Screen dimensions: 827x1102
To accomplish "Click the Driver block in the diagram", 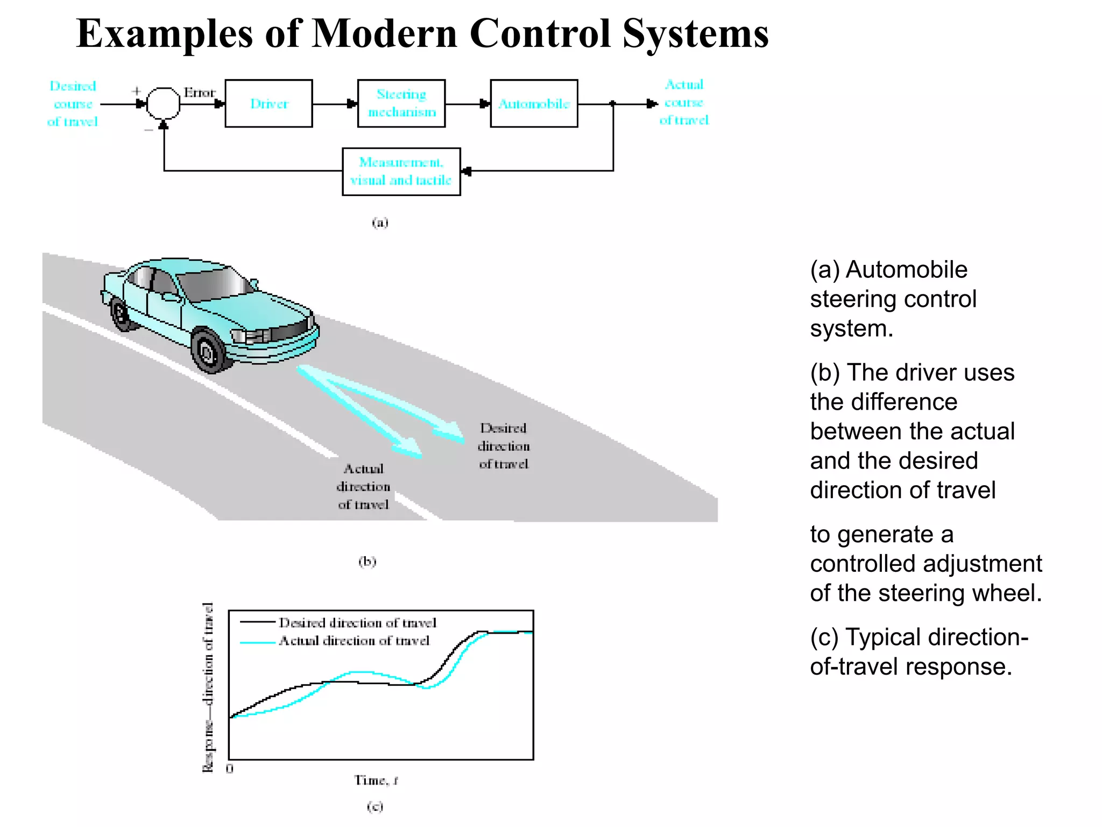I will coord(269,103).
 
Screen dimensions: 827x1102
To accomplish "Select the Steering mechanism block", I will coord(401,103).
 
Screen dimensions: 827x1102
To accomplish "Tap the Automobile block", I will coord(534,103).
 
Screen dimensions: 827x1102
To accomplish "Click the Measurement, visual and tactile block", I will coord(401,171).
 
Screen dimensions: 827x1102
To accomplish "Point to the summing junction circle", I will coord(163,103).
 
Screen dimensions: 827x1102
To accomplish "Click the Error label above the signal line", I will coord(199,93).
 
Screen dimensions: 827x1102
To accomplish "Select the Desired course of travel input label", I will coord(73,104).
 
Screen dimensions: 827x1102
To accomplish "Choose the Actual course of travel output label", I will coord(684,102).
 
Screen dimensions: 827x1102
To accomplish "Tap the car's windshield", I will coord(215,283).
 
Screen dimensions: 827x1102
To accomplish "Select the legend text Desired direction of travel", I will coord(357,623).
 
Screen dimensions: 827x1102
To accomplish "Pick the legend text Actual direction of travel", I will coord(354,641).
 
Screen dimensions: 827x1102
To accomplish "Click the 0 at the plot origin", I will coord(230,769).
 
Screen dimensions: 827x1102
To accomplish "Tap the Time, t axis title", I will coord(376,780).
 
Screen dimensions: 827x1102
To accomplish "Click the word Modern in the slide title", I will coord(384,34).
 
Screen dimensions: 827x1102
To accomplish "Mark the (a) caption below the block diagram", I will coord(380,222).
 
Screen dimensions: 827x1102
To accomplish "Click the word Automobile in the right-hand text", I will coord(906,270).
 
